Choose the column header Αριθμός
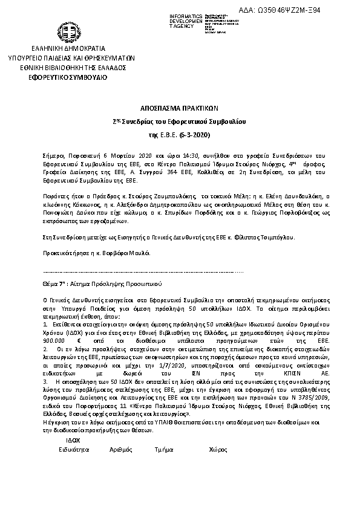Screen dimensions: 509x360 [x=121, y=450]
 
